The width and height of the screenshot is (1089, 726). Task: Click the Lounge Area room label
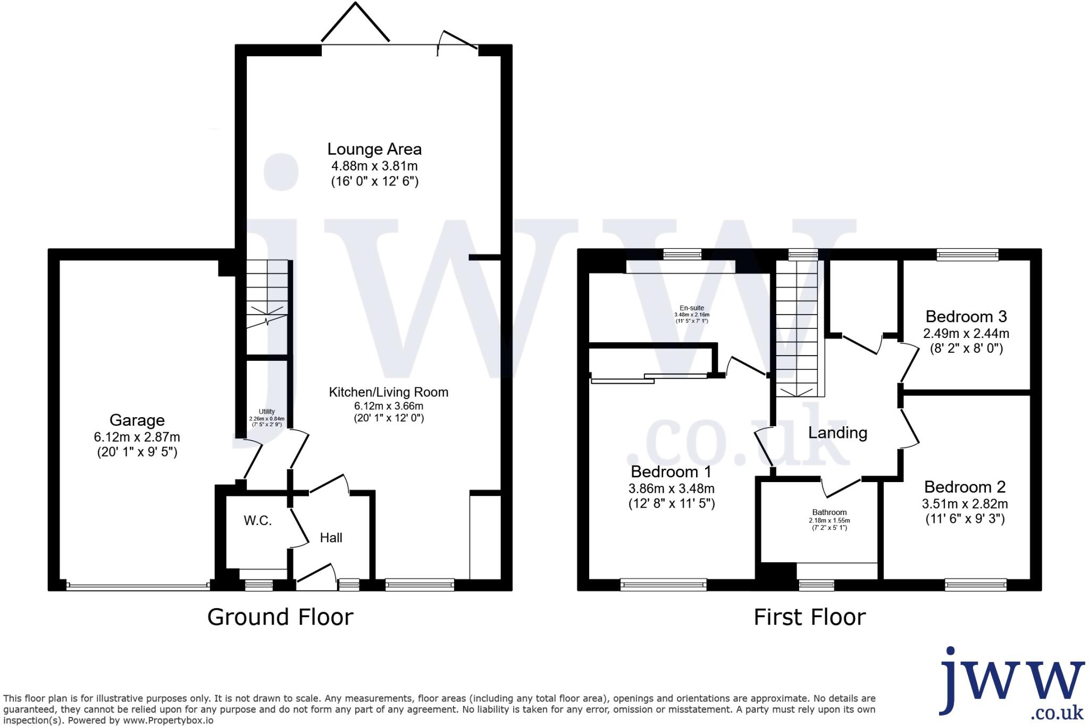pos(374,149)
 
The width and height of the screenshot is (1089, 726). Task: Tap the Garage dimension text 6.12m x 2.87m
pos(137,437)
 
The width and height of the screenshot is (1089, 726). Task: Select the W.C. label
pos(258,521)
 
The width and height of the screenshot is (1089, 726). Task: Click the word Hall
pos(331,538)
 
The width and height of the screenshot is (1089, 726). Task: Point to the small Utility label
pos(266,411)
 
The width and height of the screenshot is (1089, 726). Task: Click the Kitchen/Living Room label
pos(389,392)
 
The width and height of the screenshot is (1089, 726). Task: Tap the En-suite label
pos(692,308)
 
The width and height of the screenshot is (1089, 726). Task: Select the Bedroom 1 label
pos(671,471)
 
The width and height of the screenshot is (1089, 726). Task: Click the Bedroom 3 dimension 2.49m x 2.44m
pos(966,334)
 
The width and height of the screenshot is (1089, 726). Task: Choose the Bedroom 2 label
pos(965,487)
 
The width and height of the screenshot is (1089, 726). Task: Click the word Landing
pos(837,433)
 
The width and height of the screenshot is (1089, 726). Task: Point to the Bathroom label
pos(829,512)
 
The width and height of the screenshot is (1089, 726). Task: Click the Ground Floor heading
pos(280,617)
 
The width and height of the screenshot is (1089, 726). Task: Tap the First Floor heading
pos(809,617)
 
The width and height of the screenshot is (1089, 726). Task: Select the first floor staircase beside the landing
pos(797,330)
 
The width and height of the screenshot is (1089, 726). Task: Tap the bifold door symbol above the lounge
pos(355,24)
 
